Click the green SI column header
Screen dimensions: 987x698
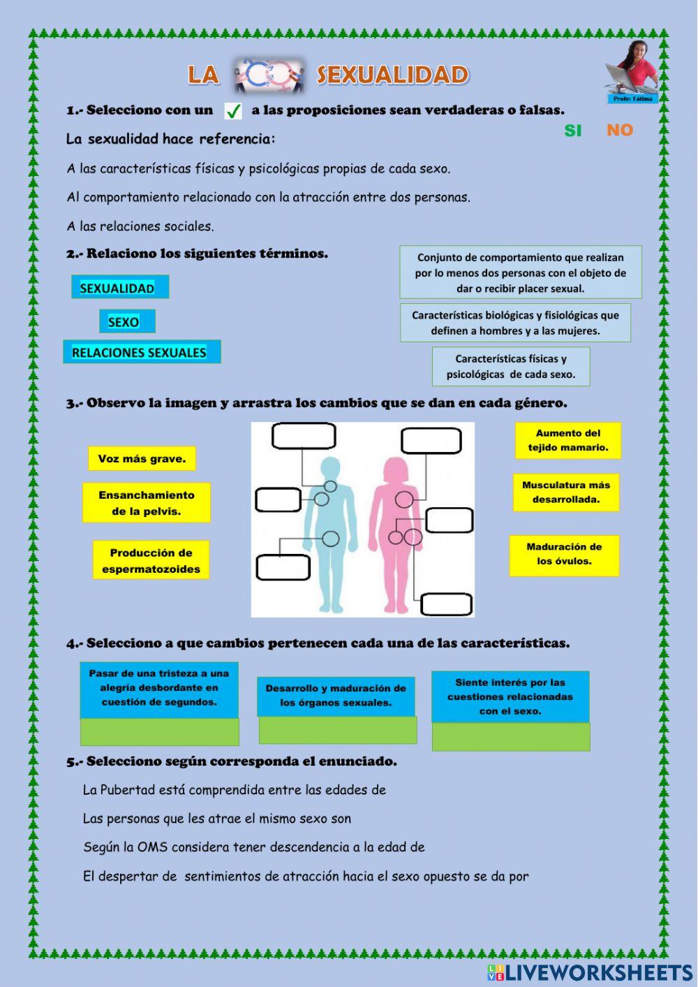[x=572, y=131]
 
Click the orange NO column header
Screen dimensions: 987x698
[x=619, y=130]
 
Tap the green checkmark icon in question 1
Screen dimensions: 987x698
[x=233, y=111]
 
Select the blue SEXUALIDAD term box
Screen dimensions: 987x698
[x=119, y=287]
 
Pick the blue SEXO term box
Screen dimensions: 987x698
[x=126, y=321]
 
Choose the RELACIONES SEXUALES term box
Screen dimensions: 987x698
[x=142, y=352]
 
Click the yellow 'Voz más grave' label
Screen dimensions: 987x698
[x=142, y=459]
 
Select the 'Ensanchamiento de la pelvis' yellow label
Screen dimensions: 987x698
[x=146, y=503]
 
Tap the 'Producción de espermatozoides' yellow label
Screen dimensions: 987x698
[x=151, y=560]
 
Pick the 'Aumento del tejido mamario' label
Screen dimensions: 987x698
[x=568, y=440]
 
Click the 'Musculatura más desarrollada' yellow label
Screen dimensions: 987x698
[x=566, y=492]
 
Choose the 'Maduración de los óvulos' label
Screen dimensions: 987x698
[x=564, y=554]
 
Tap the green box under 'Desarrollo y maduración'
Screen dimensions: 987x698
[x=338, y=731]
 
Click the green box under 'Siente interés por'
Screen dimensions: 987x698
[x=511, y=737]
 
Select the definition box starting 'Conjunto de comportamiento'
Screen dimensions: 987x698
[x=521, y=272]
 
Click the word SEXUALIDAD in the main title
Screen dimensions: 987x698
[x=392, y=75]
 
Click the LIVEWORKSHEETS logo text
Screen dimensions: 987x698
[x=598, y=972]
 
